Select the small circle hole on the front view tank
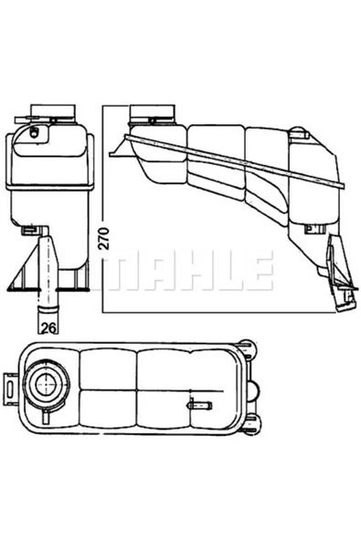click(x=35, y=133)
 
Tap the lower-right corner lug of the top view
click(x=249, y=423)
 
